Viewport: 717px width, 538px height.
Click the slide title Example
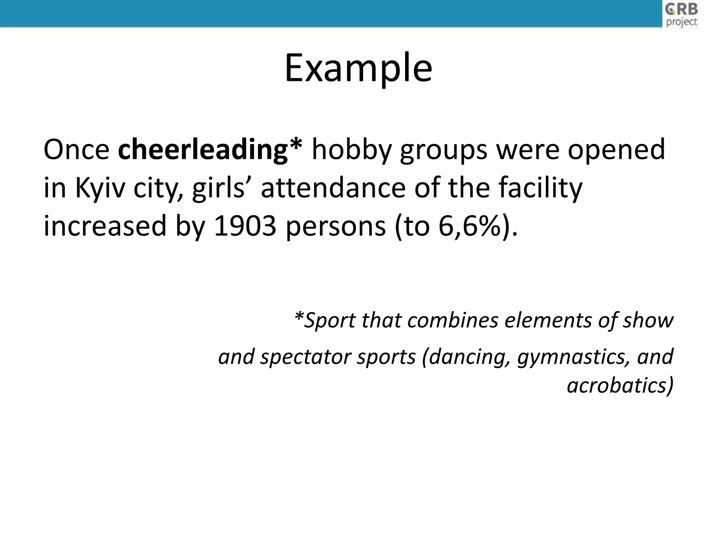pos(358,68)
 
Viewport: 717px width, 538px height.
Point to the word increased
pos(105,226)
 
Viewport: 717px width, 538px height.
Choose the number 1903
pos(245,226)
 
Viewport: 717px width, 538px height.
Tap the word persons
pos(336,226)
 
